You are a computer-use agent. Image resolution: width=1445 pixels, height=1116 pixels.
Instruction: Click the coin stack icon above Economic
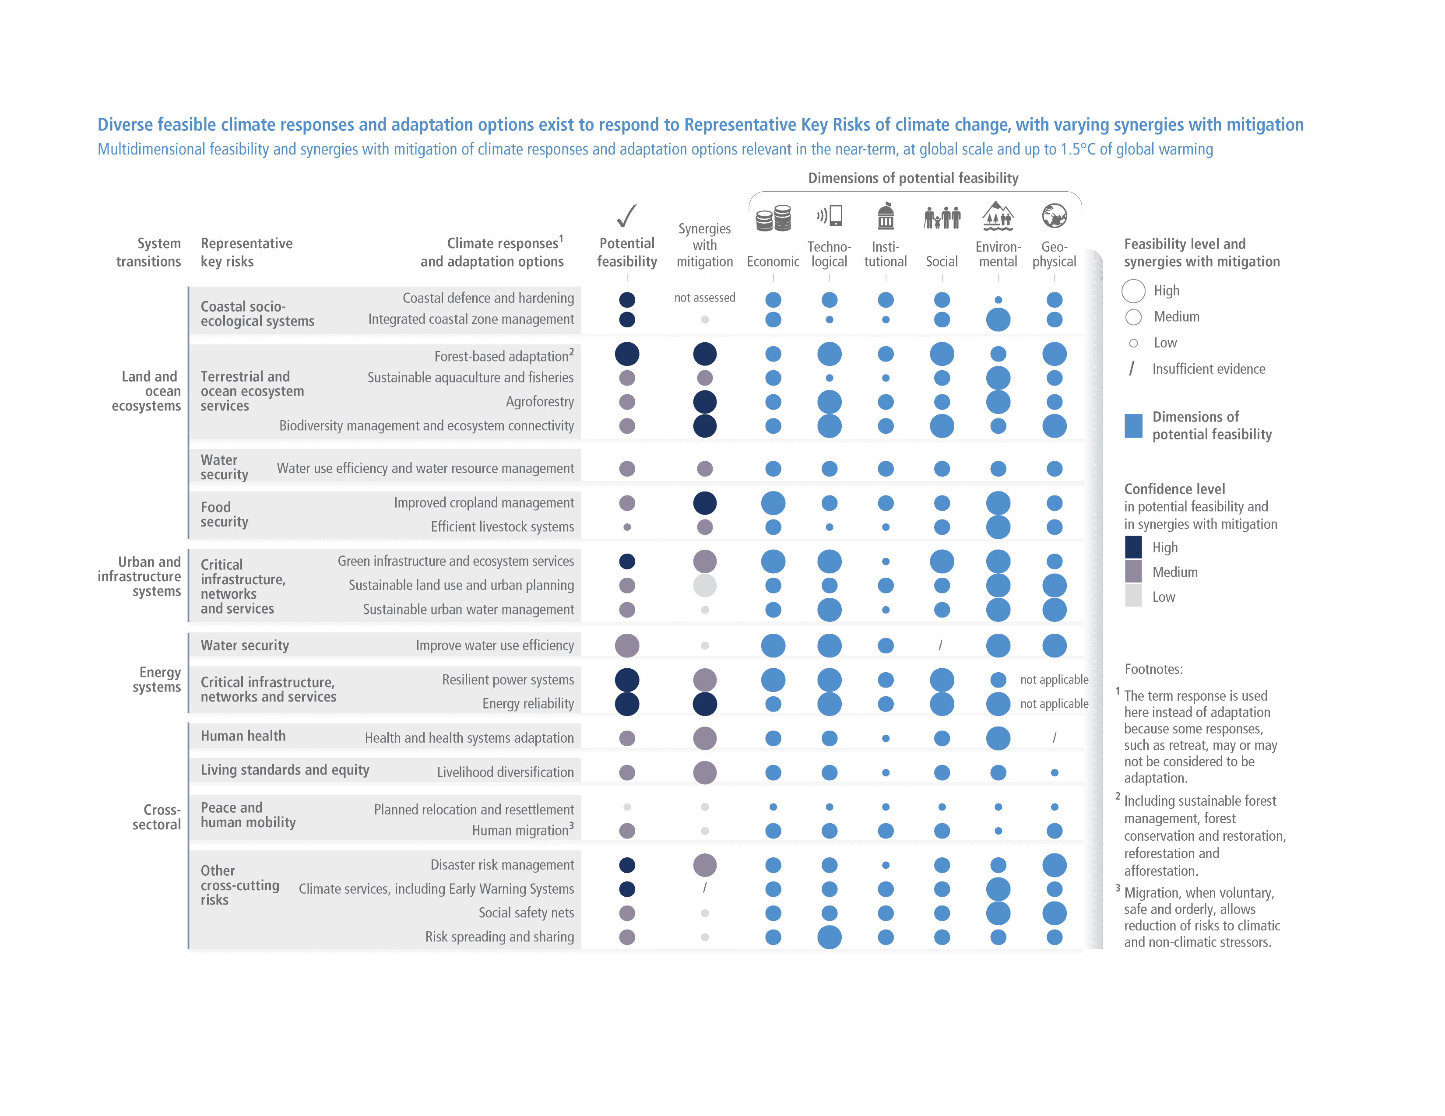[x=773, y=218]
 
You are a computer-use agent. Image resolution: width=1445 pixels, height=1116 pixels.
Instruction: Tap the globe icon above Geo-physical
[x=1054, y=216]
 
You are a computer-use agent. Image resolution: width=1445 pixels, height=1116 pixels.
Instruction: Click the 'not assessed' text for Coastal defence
[x=705, y=298]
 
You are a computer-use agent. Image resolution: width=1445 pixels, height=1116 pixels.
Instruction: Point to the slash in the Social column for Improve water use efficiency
[x=941, y=645]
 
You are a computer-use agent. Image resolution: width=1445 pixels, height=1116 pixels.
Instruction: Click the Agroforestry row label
[x=539, y=402]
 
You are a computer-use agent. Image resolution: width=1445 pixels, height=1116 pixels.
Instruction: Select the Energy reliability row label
[x=527, y=703]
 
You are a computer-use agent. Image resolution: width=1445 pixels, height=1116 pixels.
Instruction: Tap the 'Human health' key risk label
[x=243, y=736]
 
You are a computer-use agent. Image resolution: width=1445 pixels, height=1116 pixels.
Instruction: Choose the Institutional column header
[x=885, y=254]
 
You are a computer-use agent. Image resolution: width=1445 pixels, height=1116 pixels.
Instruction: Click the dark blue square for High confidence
[x=1133, y=547]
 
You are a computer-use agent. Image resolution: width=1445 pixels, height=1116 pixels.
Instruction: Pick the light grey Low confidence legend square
[x=1133, y=596]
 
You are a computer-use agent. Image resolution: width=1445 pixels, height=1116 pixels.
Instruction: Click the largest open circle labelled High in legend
[x=1133, y=291]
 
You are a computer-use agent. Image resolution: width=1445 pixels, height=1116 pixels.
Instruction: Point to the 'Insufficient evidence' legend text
[x=1208, y=369]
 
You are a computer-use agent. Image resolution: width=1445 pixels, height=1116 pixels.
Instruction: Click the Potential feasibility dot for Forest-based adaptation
[x=626, y=354]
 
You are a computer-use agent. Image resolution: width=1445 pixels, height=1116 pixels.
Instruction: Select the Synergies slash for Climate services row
[x=705, y=888]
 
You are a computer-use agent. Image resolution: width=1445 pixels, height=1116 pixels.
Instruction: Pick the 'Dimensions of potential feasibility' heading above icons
[x=913, y=178]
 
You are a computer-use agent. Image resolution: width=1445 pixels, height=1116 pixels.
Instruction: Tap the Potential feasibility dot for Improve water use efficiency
[x=626, y=645]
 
